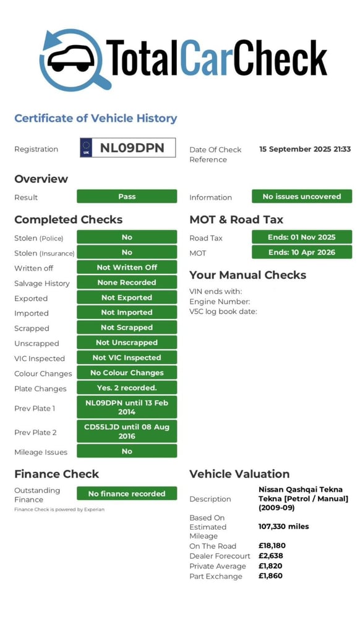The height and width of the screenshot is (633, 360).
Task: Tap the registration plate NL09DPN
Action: tap(127, 148)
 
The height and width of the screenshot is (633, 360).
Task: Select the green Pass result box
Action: tap(127, 197)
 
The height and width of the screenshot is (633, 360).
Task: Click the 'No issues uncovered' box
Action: tap(302, 197)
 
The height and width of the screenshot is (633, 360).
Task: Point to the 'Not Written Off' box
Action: tap(127, 267)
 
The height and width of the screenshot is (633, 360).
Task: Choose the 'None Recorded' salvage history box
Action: tap(127, 283)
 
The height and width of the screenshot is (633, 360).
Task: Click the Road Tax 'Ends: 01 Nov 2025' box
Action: tap(302, 237)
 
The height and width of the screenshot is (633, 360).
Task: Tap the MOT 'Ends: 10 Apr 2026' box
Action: tap(302, 252)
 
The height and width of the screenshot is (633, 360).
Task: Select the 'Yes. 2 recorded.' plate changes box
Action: tap(127, 388)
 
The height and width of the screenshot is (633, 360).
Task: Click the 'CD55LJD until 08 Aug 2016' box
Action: tap(127, 431)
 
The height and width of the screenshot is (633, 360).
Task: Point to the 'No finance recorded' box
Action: tap(127, 493)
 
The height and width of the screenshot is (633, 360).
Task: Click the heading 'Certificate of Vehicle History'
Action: tap(95, 118)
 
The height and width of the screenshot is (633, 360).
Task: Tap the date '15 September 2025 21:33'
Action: tap(305, 149)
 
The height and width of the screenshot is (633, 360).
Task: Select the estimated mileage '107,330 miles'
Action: tap(283, 527)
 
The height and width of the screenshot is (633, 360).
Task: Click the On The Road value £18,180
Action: tap(272, 546)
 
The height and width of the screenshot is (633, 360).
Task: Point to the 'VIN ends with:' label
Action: tap(215, 291)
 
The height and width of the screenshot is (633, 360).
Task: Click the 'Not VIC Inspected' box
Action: tap(127, 357)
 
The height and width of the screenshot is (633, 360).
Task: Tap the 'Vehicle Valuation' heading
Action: tap(239, 474)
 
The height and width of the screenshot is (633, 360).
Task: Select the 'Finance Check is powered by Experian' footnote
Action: tap(59, 509)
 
